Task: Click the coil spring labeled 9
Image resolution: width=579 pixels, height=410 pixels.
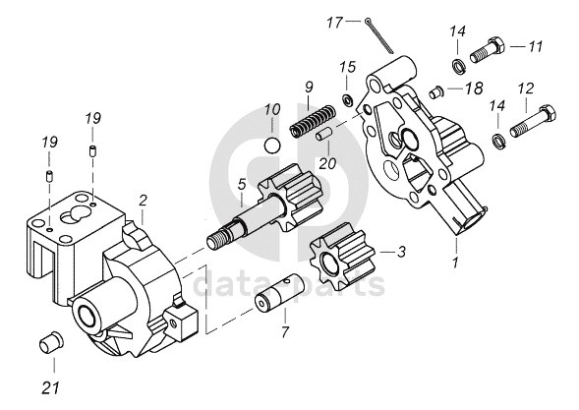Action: pos(313,121)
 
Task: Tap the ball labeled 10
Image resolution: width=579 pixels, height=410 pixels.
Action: pos(273,146)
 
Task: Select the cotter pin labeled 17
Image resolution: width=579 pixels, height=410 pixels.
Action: pos(380,36)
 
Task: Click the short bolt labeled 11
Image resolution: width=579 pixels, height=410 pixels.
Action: pos(487,50)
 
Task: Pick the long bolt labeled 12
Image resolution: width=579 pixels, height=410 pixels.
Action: pos(533,121)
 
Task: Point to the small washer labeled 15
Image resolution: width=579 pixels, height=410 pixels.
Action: pos(347,99)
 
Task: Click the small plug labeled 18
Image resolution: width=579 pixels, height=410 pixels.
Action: pos(435,91)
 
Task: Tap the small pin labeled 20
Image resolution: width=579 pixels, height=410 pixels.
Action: pos(324,134)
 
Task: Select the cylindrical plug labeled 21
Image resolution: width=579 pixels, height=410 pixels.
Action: pos(51,342)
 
